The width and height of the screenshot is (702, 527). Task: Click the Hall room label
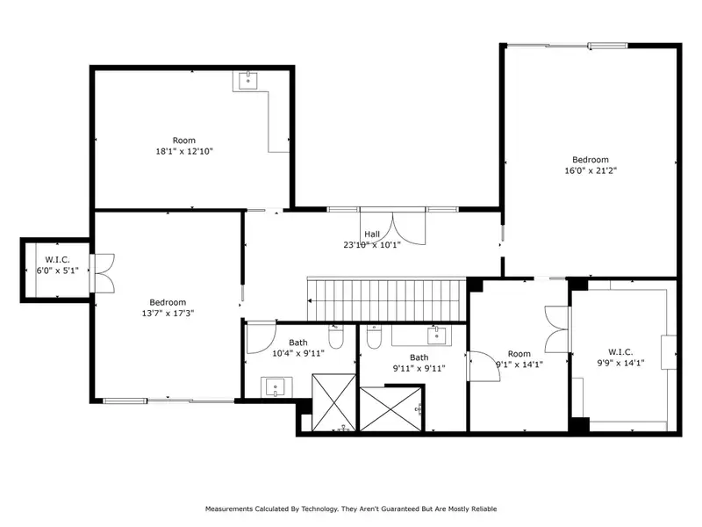click(x=372, y=234)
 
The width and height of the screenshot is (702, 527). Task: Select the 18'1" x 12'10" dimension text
click(x=184, y=151)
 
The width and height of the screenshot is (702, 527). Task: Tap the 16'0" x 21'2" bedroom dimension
click(x=591, y=170)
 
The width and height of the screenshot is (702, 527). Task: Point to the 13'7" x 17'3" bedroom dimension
click(x=168, y=314)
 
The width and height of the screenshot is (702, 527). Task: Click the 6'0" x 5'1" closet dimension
click(x=57, y=271)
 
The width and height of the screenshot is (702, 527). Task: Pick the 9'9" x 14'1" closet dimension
click(x=620, y=363)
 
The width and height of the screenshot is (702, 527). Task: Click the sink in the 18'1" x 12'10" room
click(x=248, y=81)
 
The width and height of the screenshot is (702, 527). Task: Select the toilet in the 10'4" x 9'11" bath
click(x=336, y=336)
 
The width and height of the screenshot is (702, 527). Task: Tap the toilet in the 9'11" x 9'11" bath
click(x=374, y=336)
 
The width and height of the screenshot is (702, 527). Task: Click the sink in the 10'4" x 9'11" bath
click(x=275, y=387)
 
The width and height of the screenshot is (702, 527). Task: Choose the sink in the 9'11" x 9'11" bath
click(x=436, y=336)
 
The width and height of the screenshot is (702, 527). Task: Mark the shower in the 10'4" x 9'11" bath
click(x=334, y=403)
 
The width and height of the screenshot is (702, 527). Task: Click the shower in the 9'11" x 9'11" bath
click(x=390, y=409)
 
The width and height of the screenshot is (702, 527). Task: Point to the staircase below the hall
click(x=387, y=300)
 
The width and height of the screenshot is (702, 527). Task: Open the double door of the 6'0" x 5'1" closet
click(x=102, y=273)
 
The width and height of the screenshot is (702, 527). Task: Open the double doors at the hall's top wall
click(x=392, y=227)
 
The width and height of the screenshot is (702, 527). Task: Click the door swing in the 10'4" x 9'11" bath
click(x=261, y=336)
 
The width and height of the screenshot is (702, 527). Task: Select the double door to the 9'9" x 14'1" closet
click(x=557, y=328)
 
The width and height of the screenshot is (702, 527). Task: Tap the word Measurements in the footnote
click(x=229, y=509)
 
